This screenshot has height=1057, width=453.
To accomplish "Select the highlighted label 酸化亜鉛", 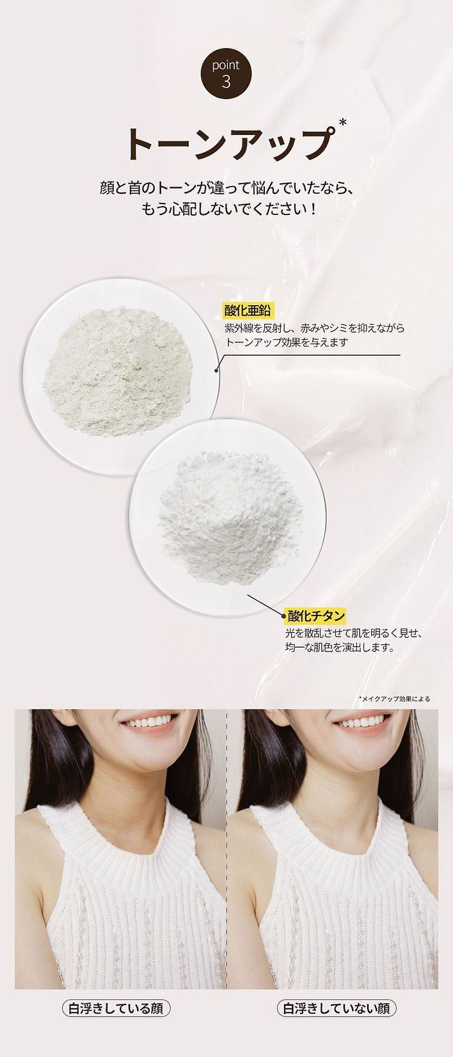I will tap(248, 312).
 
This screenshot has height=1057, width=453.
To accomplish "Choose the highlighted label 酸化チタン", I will tap(316, 616).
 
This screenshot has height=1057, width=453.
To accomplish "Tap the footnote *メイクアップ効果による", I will tap(394, 699).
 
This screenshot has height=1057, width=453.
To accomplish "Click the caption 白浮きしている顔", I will tap(116, 1008).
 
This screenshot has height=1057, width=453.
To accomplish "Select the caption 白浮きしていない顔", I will tap(337, 1008).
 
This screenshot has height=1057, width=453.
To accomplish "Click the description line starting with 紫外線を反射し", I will tap(314, 328).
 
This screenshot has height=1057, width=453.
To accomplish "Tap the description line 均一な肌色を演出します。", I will tap(339, 648).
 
